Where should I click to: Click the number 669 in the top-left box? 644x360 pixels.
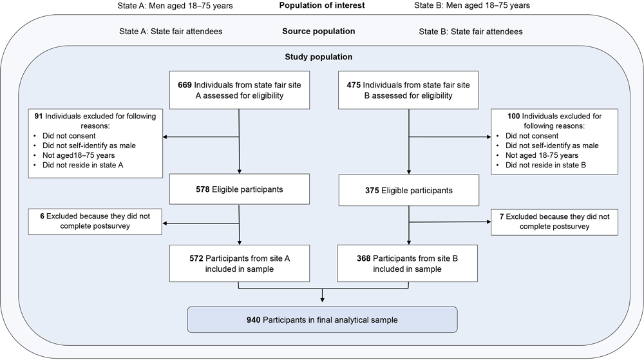pyautogui.click(x=185, y=85)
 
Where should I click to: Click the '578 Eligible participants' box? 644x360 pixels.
pyautogui.click(x=239, y=191)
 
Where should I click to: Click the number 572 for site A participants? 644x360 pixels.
pyautogui.click(x=196, y=258)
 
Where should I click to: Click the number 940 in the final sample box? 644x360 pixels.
pyautogui.click(x=254, y=319)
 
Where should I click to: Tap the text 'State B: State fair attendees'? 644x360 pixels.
pyautogui.click(x=471, y=31)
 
